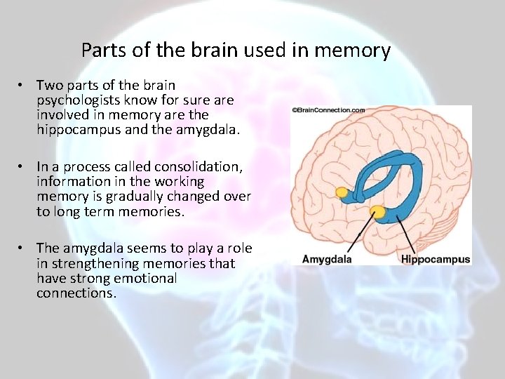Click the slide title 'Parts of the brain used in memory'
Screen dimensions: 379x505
[236, 51]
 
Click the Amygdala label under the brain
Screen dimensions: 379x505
[327, 259]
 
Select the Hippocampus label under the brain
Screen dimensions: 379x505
[436, 259]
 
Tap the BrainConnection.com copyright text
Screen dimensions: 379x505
[328, 110]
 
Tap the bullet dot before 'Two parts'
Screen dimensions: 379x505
[23, 86]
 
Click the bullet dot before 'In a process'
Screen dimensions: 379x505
[23, 167]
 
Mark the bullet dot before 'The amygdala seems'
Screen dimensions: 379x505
[23, 248]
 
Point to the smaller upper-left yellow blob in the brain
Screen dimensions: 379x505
[342, 192]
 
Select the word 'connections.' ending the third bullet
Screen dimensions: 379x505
[76, 293]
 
